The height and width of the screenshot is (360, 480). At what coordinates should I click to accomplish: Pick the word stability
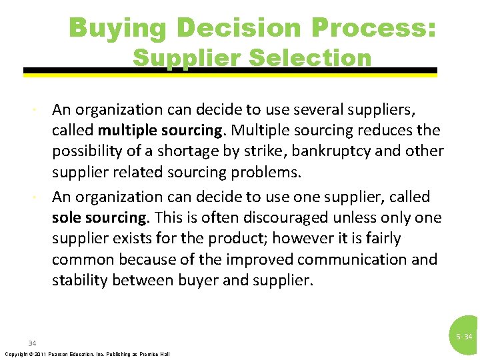[x=80, y=280]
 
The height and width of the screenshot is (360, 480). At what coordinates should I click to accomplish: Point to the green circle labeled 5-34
[x=464, y=336]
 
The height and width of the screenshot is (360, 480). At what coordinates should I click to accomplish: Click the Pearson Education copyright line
[x=87, y=353]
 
